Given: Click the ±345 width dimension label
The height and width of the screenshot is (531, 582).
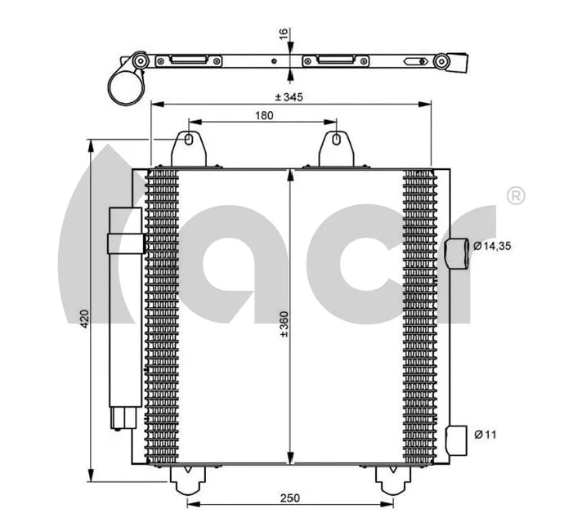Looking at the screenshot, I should [289, 97].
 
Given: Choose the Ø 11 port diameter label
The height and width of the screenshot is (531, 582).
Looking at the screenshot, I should [486, 434].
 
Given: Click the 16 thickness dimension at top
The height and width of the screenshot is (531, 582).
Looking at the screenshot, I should [283, 35].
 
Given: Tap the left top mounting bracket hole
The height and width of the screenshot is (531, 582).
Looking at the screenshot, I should [189, 141].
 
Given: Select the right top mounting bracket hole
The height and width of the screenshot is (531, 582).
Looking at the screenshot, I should [335, 141].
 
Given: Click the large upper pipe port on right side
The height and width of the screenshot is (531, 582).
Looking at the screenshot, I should [459, 254].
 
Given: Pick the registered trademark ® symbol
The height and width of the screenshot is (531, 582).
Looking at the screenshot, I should [516, 196].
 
